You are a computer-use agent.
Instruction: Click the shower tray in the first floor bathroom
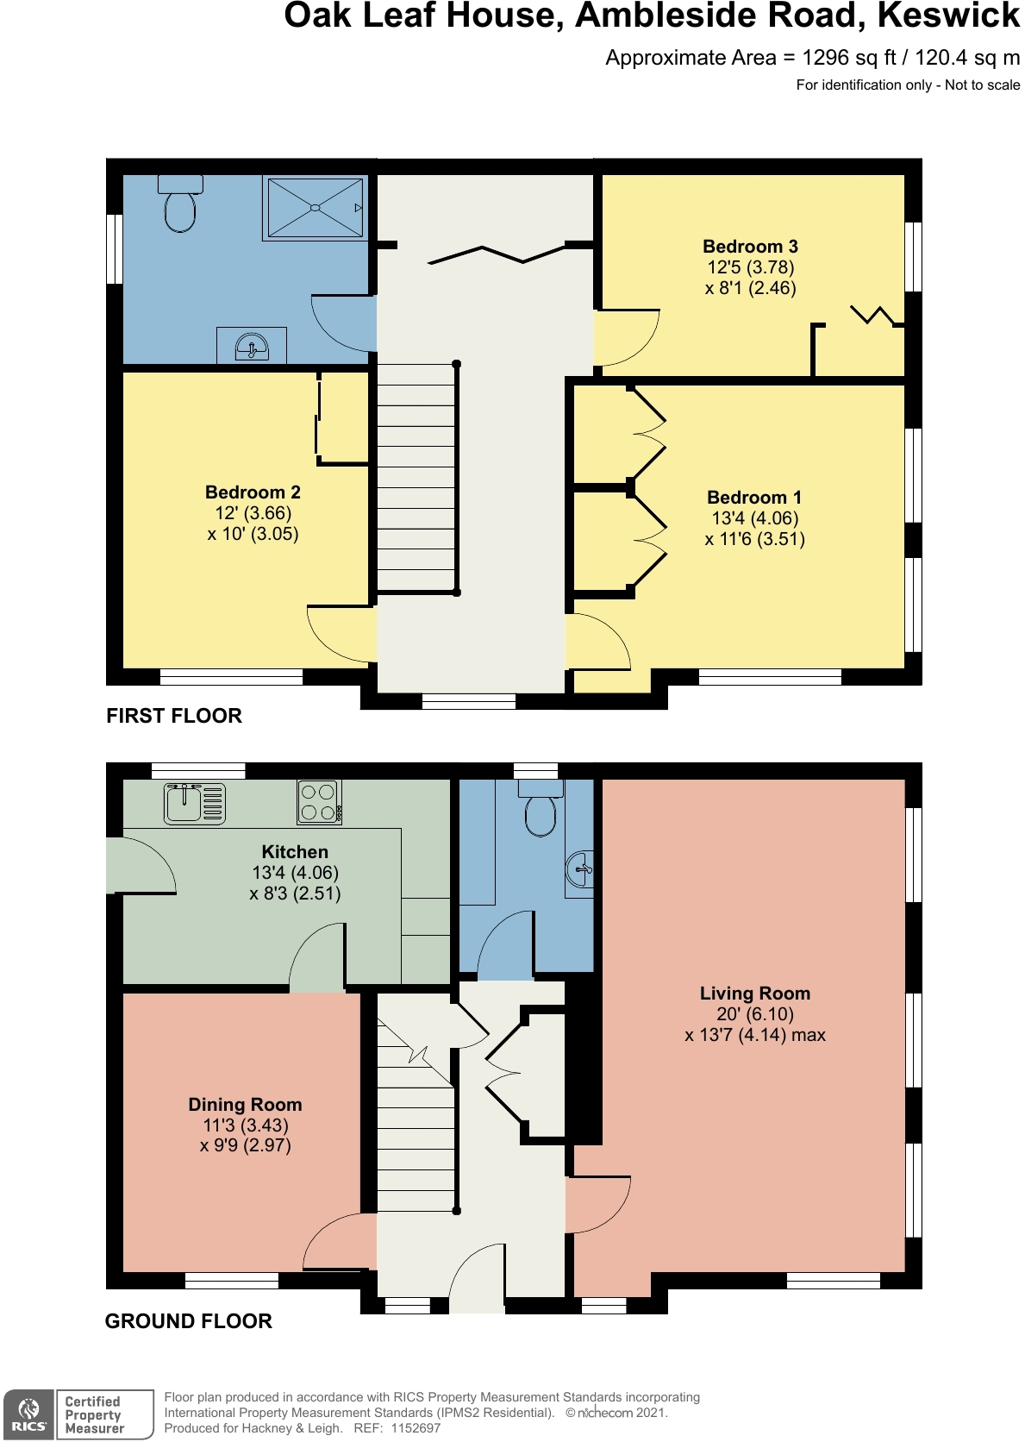315,207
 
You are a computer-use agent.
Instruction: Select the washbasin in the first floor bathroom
252,347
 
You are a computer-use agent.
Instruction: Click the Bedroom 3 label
750,247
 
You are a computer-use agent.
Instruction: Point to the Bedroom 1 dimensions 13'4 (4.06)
754,518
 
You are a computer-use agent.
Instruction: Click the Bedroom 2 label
253,492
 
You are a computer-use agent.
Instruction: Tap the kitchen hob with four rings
319,802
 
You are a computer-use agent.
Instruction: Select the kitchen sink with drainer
195,803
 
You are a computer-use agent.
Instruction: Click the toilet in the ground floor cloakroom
541,811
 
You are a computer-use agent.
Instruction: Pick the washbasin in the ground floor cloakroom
580,869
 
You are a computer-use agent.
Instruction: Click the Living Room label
754,994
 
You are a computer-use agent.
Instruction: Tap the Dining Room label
245,1105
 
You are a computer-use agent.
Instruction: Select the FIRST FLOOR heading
174,716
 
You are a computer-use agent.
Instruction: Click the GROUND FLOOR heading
188,1321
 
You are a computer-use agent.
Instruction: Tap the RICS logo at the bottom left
28,1415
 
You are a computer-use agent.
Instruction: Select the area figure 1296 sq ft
849,58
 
